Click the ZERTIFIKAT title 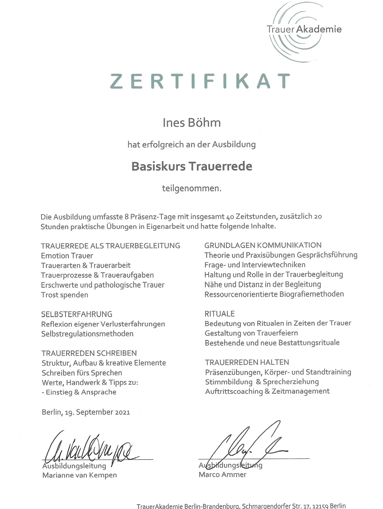pos(200,81)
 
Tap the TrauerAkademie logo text pos(304,30)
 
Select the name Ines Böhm pos(192,123)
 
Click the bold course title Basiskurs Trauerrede pos(192,166)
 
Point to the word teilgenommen pos(192,188)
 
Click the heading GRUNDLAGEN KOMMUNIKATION pos(263,245)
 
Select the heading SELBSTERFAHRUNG pos(77,314)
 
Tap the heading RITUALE pos(220,314)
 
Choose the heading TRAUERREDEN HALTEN pos(247,362)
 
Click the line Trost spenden pos(65,295)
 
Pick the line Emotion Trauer pos(67,256)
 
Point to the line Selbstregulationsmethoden pos(87,334)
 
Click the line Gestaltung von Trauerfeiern pos(252,333)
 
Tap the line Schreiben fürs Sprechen pos(82,373)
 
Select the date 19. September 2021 pos(97,412)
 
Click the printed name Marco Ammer pos(223,475)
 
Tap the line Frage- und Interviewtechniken pos(255,265)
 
